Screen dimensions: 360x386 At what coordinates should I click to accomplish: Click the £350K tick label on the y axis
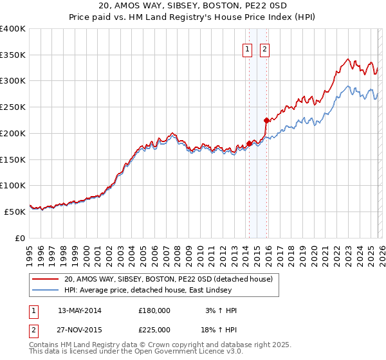pos(13,55)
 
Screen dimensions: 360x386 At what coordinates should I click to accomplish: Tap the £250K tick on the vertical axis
pos(13,107)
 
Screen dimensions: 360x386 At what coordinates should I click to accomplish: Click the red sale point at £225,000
pos(266,120)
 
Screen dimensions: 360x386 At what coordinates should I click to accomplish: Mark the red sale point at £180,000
pos(249,143)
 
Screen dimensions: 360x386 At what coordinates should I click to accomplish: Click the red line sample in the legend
pos(46,279)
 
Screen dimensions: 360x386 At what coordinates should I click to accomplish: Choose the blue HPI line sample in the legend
pos(46,290)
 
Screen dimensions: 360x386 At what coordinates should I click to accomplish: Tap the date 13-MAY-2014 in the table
pos(80,310)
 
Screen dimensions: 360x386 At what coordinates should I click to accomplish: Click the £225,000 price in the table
pos(154,330)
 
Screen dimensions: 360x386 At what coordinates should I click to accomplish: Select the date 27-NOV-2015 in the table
pos(80,330)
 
